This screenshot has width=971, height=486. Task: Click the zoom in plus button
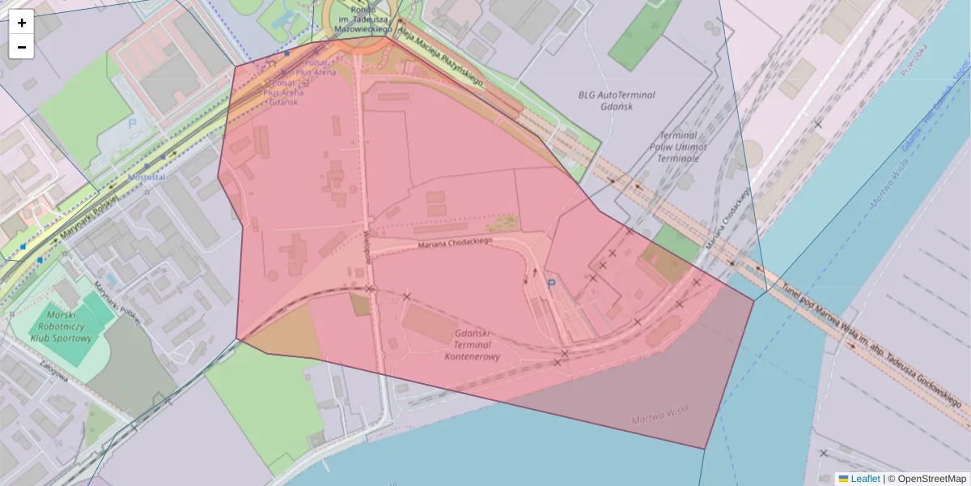point(22,22)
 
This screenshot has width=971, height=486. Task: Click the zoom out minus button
point(22,47)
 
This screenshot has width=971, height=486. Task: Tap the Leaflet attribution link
point(864,479)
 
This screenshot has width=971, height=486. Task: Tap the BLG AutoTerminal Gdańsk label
point(617,100)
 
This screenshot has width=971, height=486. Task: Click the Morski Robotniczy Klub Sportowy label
point(61,326)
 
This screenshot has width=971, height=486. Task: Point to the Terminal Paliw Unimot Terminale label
point(678,147)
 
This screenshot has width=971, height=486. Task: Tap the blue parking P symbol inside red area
point(552,283)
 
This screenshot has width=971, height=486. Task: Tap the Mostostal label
point(146,177)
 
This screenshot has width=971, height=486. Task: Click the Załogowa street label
point(53,376)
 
